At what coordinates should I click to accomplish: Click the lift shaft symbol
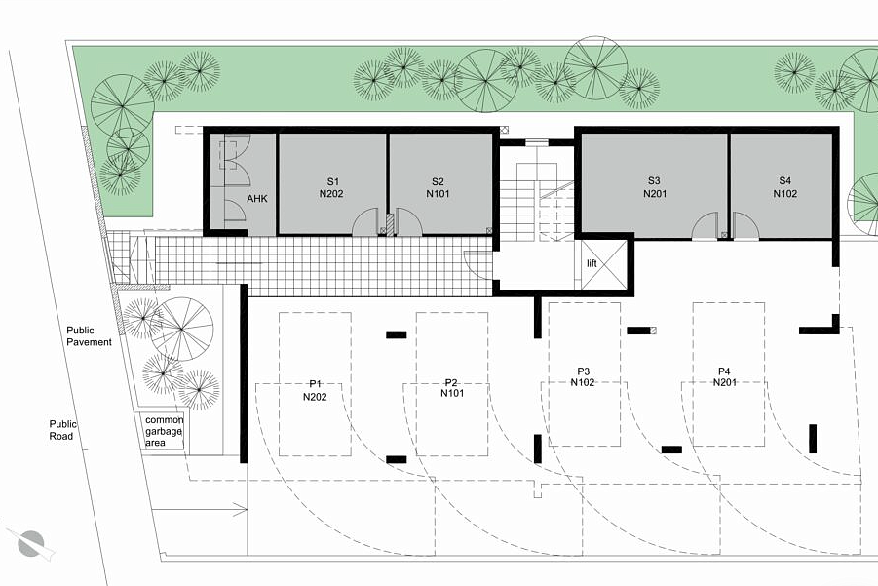pos(603,264)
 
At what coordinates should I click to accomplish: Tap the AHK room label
pos(257,198)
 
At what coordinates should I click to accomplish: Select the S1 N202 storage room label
pos(331,187)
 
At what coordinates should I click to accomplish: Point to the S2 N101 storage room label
pos(438,187)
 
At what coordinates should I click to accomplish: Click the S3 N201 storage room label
pos(655,187)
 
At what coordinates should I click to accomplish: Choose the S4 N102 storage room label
pos(785,187)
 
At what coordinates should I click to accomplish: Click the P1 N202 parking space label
pos(316,390)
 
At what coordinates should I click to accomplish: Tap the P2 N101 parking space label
pos(452,388)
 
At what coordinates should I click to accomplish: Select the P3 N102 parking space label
pos(583,376)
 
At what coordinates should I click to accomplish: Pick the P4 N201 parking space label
pos(724,376)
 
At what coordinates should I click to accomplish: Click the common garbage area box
pos(163,431)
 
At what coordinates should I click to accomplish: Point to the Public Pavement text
pos(89,336)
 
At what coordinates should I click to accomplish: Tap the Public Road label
pos(62,430)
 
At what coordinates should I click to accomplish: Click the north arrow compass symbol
pos(31,543)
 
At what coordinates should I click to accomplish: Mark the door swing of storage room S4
pos(745,226)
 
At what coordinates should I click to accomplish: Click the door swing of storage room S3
pos(705,226)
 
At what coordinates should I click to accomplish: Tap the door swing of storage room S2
pos(408,222)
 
